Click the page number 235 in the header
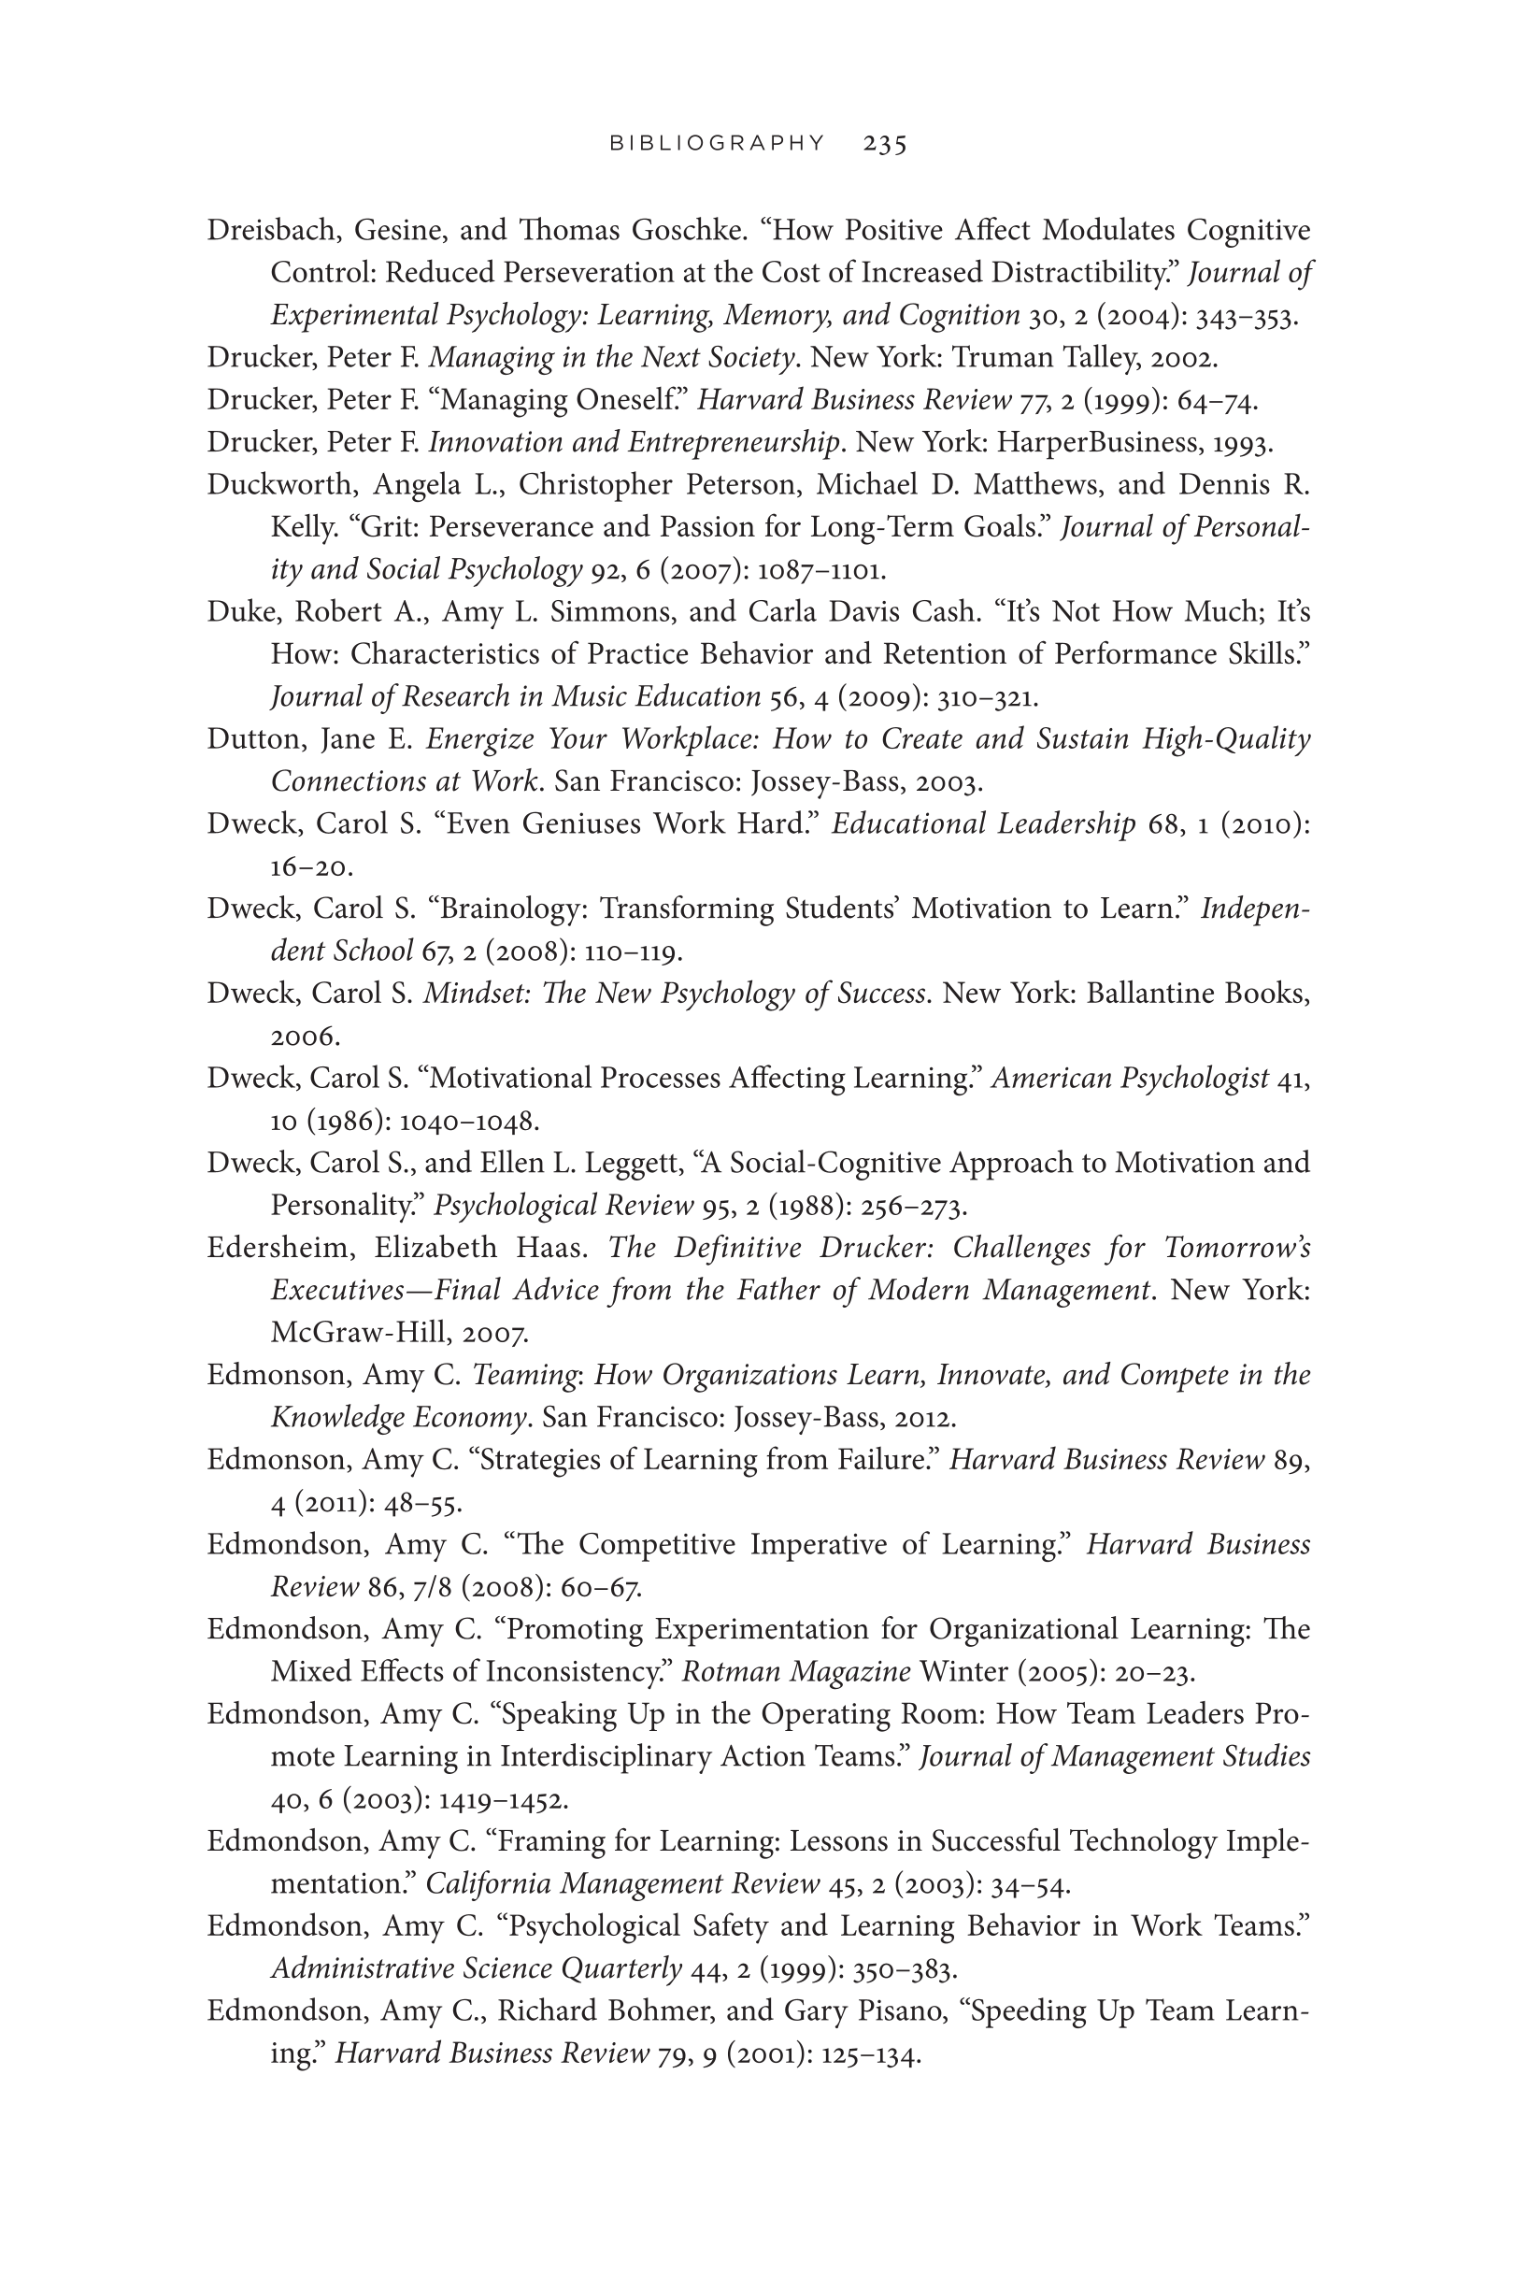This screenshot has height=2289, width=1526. [885, 144]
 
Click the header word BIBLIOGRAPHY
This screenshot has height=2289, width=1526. [718, 144]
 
